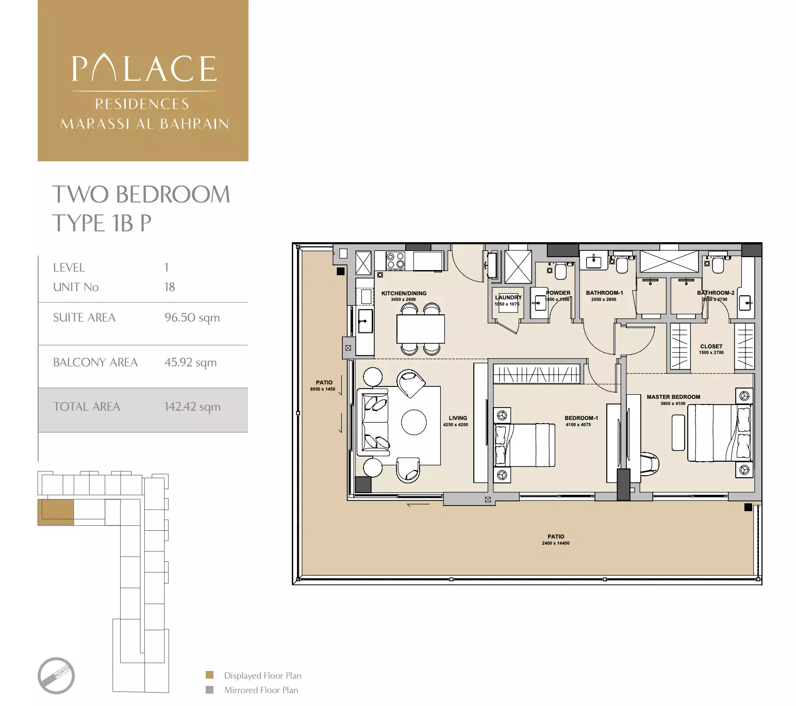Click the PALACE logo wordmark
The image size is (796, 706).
pyautogui.click(x=144, y=69)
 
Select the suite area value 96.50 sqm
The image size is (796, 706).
pyautogui.click(x=192, y=317)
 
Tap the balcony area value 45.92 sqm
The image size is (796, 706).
pyautogui.click(x=190, y=362)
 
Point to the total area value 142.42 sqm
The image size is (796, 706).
pyautogui.click(x=192, y=407)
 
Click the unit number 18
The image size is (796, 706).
pyautogui.click(x=170, y=287)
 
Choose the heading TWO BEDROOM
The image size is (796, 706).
pyautogui.click(x=141, y=195)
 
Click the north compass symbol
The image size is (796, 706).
pyautogui.click(x=56, y=676)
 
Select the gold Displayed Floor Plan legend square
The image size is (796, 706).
pyautogui.click(x=209, y=675)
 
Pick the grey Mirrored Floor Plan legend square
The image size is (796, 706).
pyautogui.click(x=209, y=690)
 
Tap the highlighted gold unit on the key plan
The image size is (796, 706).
pyautogui.click(x=56, y=512)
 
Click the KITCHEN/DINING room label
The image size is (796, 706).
pyautogui.click(x=404, y=293)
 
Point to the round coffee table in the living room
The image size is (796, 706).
pyautogui.click(x=413, y=422)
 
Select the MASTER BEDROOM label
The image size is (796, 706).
pyautogui.click(x=673, y=397)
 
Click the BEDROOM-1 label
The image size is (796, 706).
pyautogui.click(x=581, y=418)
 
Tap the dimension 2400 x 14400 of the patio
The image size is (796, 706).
pyautogui.click(x=555, y=543)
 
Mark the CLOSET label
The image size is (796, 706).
pyautogui.click(x=711, y=346)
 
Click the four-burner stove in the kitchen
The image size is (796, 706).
pyautogui.click(x=395, y=261)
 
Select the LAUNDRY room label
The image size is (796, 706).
pyautogui.click(x=508, y=297)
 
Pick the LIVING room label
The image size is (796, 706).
pyautogui.click(x=457, y=418)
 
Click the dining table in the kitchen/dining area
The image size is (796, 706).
pyautogui.click(x=420, y=329)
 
